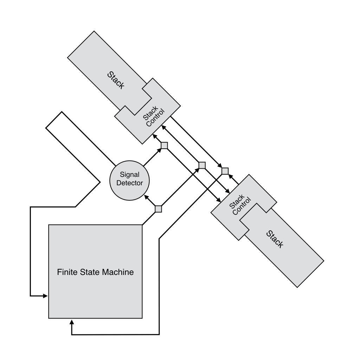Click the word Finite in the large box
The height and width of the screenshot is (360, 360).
(x=66, y=272)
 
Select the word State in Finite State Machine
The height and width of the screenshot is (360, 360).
(x=89, y=272)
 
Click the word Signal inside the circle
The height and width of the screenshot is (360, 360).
(x=130, y=174)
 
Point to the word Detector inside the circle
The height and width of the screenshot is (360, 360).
(x=130, y=182)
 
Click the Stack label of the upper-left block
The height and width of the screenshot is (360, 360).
(x=116, y=80)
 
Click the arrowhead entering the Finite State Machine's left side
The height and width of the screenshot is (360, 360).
(x=45, y=296)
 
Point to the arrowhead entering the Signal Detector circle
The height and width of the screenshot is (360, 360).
(x=147, y=197)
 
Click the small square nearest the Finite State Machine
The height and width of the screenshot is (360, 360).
(x=158, y=209)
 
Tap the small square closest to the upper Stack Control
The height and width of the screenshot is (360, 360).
(x=164, y=145)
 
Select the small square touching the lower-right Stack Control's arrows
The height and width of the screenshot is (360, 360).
(x=225, y=171)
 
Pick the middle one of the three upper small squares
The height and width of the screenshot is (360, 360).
(x=202, y=165)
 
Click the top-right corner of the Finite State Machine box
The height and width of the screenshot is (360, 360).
(x=142, y=225)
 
